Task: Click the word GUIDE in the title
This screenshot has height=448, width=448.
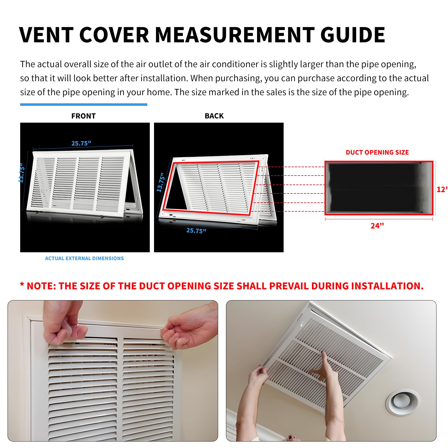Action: [353, 35]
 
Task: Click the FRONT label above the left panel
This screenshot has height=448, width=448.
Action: [83, 116]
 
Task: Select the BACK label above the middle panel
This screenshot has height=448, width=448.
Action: [214, 116]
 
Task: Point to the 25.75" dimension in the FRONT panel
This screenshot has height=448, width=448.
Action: [81, 143]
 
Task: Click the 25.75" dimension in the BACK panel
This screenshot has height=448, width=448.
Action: [196, 231]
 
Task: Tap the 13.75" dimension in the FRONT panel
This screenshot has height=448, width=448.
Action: [22, 174]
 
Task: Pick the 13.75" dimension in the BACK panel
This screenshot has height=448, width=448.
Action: [160, 183]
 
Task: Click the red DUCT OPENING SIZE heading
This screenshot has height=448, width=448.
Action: [377, 152]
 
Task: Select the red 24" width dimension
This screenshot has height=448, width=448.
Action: [377, 226]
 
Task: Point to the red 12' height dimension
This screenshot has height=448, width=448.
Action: [442, 190]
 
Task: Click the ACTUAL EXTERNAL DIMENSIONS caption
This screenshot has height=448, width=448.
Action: [84, 258]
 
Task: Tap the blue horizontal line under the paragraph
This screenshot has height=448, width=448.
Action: [83, 105]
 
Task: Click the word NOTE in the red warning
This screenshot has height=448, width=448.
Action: [41, 286]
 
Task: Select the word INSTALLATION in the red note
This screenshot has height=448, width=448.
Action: [387, 286]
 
